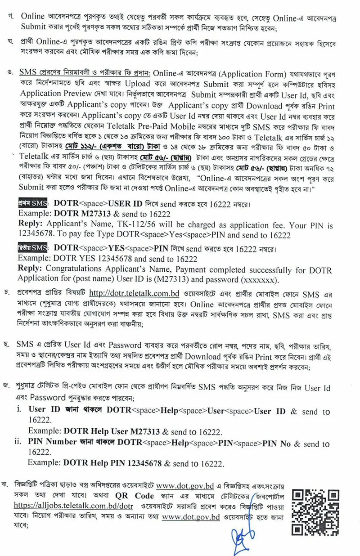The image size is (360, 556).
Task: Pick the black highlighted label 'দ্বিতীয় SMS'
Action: tap(34, 248)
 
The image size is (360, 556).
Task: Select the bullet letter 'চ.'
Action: tap(10, 294)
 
